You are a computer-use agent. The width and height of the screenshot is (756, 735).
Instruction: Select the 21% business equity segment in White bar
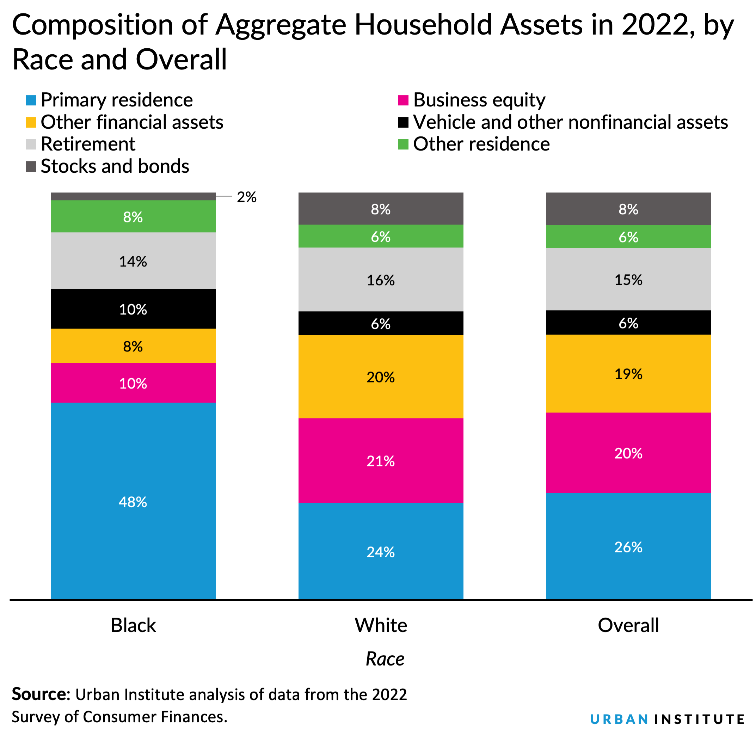(x=381, y=460)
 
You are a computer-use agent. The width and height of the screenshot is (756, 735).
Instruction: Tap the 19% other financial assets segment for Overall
(x=628, y=374)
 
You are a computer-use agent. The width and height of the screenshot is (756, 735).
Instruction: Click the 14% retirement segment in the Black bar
(x=133, y=261)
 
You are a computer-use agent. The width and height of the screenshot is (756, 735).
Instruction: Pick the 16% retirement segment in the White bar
(x=381, y=280)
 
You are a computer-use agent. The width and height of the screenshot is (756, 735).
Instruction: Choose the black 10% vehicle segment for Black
(x=133, y=309)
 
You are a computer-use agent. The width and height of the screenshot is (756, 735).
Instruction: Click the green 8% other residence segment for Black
(x=133, y=216)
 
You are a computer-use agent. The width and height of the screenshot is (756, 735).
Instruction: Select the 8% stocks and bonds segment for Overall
(x=628, y=209)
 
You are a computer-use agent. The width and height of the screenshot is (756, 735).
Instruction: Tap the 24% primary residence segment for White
(x=381, y=552)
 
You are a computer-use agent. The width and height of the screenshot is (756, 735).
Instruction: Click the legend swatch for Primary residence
(x=31, y=100)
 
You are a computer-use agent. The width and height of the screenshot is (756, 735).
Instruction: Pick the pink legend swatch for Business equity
(x=403, y=100)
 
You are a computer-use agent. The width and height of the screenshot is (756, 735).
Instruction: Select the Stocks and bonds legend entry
(x=115, y=166)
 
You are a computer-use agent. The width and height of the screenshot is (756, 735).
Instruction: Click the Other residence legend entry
(x=481, y=144)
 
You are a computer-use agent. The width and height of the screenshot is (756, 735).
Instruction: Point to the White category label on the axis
(x=381, y=625)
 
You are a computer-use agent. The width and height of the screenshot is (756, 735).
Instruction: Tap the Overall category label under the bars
(x=628, y=625)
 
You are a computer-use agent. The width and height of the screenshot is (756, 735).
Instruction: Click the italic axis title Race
(x=385, y=659)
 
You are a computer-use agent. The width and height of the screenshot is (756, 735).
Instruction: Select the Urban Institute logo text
(x=667, y=719)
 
